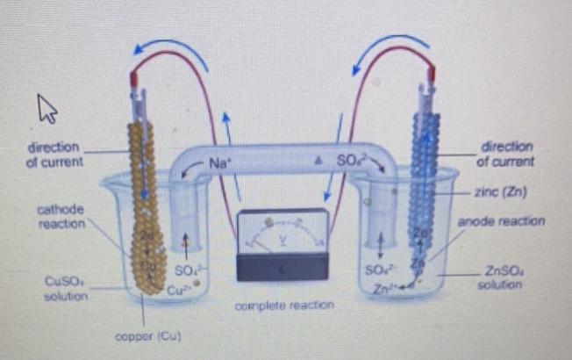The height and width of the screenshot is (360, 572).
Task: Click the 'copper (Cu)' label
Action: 141,336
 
